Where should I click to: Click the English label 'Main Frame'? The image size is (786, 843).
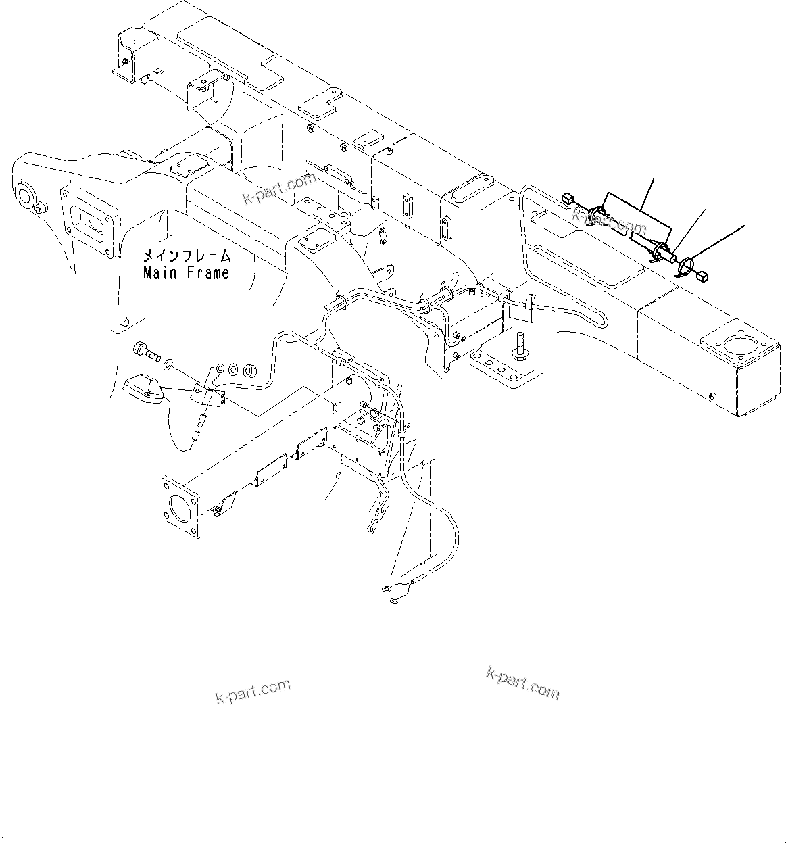tap(186, 273)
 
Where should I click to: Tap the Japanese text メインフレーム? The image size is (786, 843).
tap(186, 256)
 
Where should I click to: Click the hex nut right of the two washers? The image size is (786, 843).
tap(249, 370)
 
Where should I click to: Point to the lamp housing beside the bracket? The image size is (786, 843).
tap(142, 387)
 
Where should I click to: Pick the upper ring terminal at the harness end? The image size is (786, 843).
tap(388, 589)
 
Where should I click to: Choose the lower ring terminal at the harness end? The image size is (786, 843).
tap(393, 599)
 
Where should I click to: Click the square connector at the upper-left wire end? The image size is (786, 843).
tap(566, 198)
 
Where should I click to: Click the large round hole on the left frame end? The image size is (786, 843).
tap(26, 196)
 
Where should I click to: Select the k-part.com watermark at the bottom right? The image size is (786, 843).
tap(522, 683)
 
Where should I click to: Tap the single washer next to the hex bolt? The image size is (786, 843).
tap(168, 365)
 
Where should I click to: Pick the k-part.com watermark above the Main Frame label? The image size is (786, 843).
tap(280, 190)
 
